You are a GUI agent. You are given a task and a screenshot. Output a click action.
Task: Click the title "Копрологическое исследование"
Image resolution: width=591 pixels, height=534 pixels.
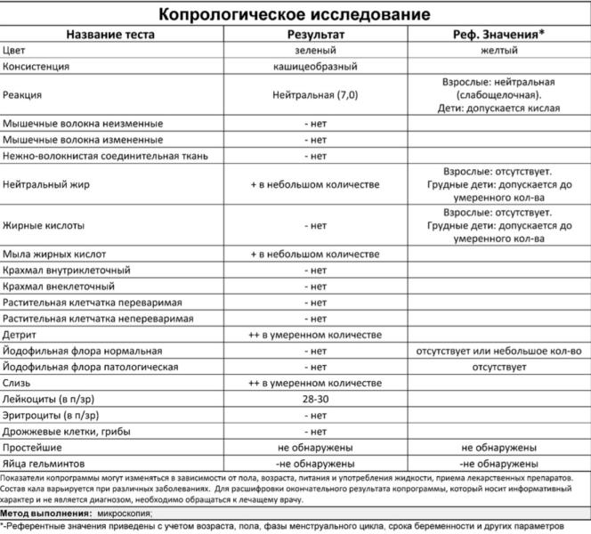(x=294, y=15)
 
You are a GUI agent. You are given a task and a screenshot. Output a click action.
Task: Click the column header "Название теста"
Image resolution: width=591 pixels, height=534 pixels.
(x=110, y=34)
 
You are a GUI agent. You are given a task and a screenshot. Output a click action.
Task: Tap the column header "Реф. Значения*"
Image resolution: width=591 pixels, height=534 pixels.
(x=498, y=34)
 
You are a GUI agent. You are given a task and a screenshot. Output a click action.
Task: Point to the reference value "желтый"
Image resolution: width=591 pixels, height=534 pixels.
(x=499, y=50)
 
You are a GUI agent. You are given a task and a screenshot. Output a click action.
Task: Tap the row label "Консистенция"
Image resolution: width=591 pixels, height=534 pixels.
(x=36, y=67)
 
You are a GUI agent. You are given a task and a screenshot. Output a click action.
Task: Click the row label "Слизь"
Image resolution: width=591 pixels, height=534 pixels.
(x=19, y=383)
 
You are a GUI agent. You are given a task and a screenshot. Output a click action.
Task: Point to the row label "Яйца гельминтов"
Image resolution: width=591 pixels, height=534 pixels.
(x=44, y=463)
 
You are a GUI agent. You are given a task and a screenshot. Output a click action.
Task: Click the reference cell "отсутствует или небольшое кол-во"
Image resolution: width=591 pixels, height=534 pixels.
(x=499, y=351)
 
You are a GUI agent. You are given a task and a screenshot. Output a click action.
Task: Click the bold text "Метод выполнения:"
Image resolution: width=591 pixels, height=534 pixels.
(x=46, y=513)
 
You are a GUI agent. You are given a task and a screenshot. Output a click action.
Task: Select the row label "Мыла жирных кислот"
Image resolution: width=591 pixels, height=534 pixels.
(x=54, y=254)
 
